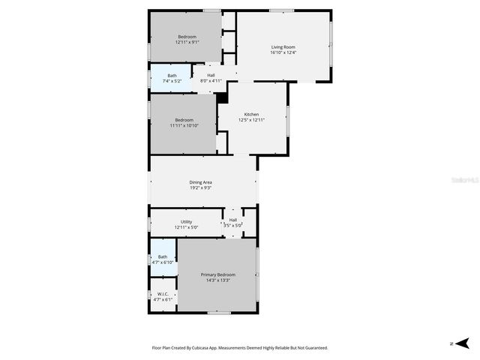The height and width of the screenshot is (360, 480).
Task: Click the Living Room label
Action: (x=283, y=47)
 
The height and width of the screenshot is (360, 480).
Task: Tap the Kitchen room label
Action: (x=251, y=114)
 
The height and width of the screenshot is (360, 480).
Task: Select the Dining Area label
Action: (x=200, y=182)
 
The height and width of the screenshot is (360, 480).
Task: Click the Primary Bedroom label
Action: (x=218, y=275)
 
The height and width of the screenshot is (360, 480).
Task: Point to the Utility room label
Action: (x=187, y=221)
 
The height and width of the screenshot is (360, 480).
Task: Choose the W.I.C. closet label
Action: (x=163, y=294)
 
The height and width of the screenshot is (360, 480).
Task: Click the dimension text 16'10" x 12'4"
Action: (x=283, y=52)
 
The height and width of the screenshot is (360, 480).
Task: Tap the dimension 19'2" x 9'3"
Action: (x=200, y=187)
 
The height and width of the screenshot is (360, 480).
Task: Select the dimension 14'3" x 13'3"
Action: (x=218, y=280)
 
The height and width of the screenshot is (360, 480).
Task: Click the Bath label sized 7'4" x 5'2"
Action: (x=172, y=75)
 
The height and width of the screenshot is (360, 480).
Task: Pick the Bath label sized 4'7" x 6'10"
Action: (x=163, y=257)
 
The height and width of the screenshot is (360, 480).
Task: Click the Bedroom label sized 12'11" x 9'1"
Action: (x=187, y=37)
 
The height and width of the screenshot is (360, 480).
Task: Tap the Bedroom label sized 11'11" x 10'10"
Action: (x=184, y=120)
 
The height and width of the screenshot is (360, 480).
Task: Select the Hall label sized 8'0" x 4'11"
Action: (x=211, y=75)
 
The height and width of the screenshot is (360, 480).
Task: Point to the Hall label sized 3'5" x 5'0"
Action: (x=234, y=220)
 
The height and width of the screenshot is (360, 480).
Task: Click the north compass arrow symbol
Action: (x=463, y=343)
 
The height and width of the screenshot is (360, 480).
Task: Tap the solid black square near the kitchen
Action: (x=222, y=98)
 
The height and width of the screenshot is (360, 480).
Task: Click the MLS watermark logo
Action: (x=464, y=181)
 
